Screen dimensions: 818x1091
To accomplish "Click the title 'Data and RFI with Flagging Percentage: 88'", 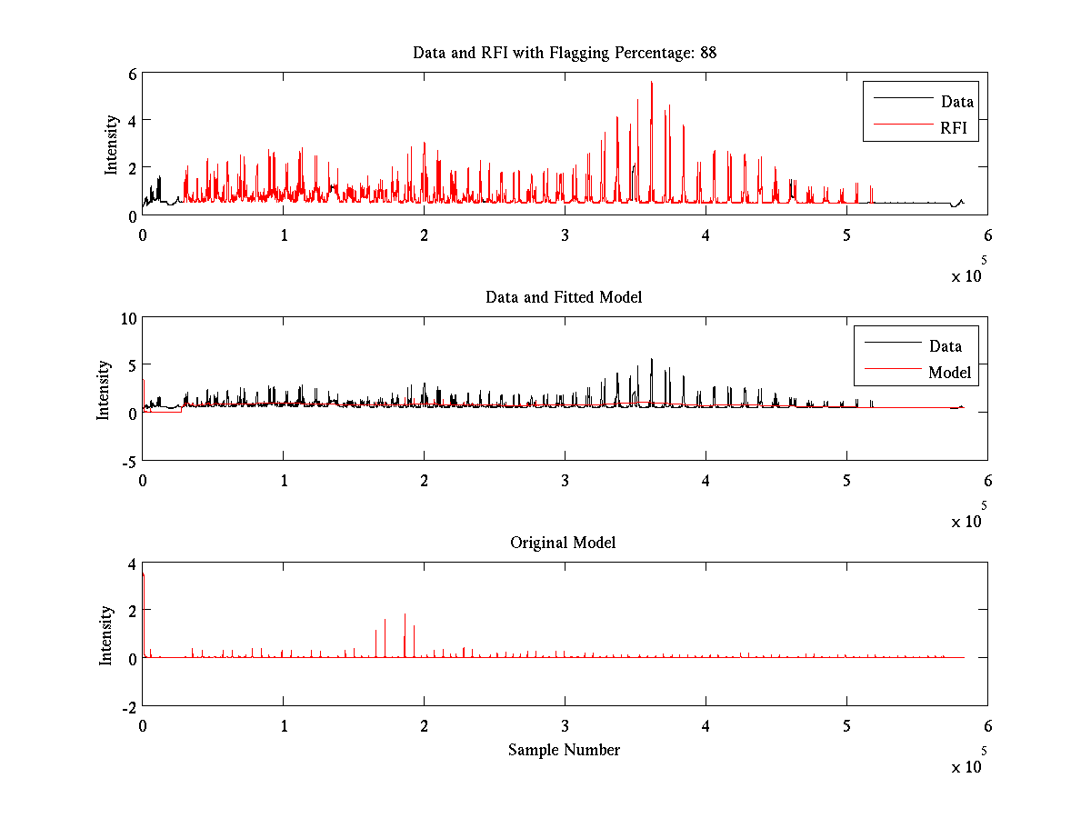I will click(x=565, y=53).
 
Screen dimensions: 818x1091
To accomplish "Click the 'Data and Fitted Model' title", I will click(x=564, y=297).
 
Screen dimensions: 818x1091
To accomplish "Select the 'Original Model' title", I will click(x=563, y=543).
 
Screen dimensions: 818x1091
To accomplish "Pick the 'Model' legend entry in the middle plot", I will click(x=949, y=372).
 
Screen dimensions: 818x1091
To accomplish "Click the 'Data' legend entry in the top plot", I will click(x=957, y=102).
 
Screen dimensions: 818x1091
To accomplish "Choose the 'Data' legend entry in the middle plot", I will click(x=945, y=345).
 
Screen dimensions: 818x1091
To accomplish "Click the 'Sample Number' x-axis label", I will click(x=564, y=750).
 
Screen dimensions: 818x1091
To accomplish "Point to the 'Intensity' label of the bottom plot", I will click(x=107, y=634).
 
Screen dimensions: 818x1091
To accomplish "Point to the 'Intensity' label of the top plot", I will click(x=111, y=144).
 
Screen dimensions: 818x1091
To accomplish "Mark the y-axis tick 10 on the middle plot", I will click(x=127, y=317).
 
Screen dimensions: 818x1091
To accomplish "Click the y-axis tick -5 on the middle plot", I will click(x=128, y=461).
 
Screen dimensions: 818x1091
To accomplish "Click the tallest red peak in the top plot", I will click(x=651, y=84).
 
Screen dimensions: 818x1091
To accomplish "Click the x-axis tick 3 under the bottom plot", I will click(x=565, y=725).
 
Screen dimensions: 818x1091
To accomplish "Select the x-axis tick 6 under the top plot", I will click(x=987, y=234).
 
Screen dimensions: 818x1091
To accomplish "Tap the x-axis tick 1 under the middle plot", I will click(x=284, y=480).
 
